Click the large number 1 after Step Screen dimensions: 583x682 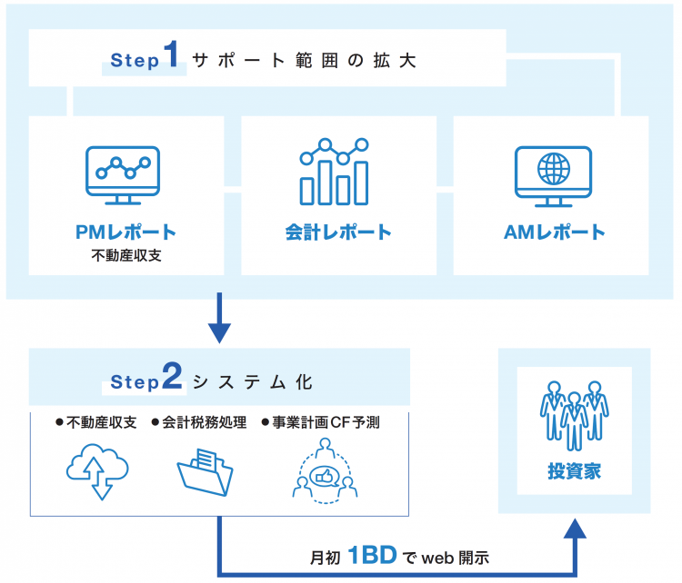pos(171,57)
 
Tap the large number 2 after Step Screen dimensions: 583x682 pos(172,380)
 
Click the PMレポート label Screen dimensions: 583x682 pos(126,232)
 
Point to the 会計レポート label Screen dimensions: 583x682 pos(337,232)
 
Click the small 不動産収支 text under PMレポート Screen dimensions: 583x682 pos(126,255)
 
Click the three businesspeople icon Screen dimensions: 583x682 pos(575,413)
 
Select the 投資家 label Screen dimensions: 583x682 pos(575,471)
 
